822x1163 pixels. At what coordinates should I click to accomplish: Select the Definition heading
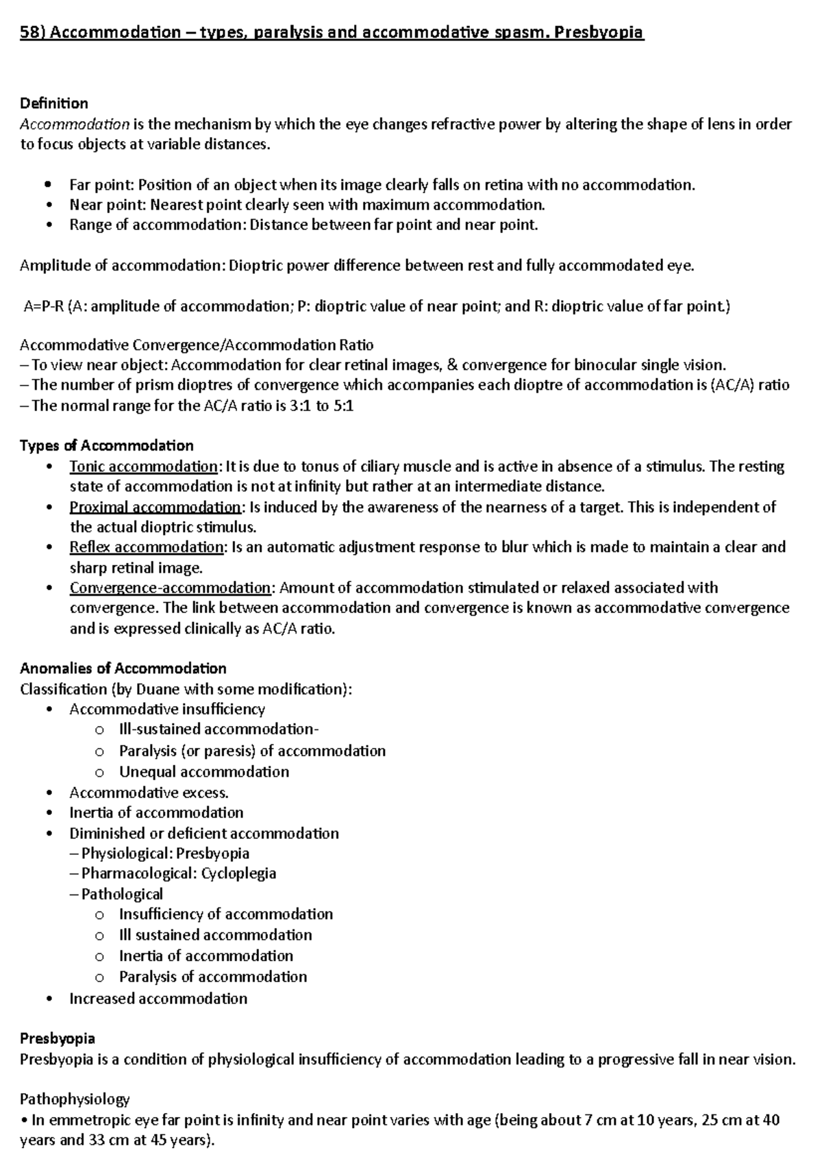point(54,103)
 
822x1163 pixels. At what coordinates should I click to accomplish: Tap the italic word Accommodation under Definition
point(75,124)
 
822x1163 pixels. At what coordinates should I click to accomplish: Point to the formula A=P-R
point(43,306)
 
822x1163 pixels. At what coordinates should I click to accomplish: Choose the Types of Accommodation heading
point(107,446)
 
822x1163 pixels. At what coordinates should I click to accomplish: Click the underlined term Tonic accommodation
point(143,466)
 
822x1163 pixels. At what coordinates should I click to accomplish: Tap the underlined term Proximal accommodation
point(155,507)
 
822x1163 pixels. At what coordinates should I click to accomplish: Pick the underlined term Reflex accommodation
point(147,547)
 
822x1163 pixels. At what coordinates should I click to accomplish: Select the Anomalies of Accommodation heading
point(123,668)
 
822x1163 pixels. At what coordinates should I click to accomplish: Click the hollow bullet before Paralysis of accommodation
point(100,977)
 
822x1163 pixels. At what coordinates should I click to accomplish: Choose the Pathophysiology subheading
point(75,1099)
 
